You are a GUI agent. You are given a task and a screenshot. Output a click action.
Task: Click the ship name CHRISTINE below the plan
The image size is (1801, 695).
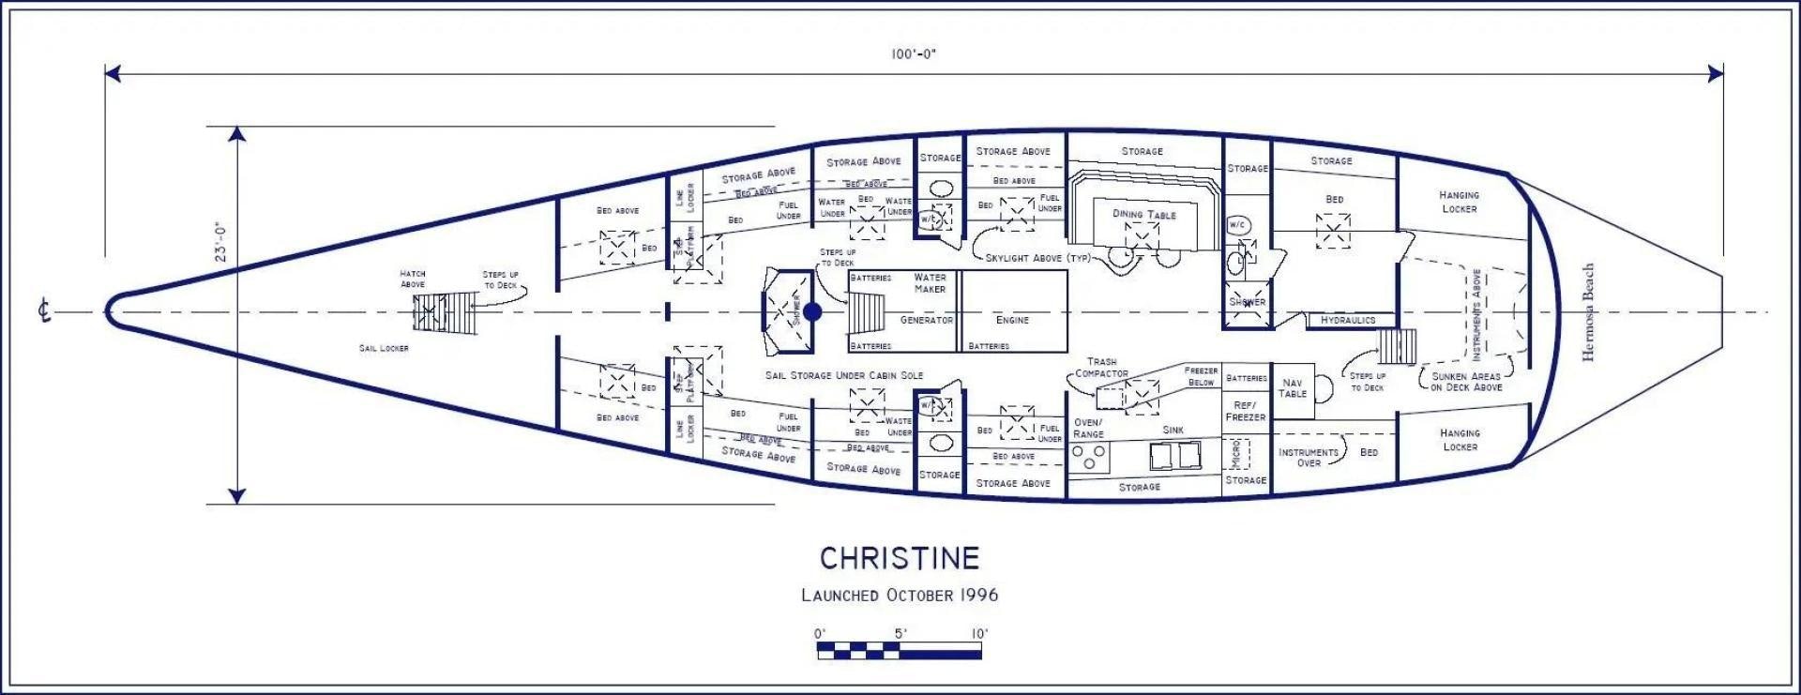click(x=900, y=559)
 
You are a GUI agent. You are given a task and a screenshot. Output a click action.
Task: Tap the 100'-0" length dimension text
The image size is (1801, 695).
click(x=913, y=54)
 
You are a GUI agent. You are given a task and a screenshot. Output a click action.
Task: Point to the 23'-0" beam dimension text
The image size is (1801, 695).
click(x=222, y=242)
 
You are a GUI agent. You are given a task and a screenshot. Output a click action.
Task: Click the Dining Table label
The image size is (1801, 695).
click(x=1143, y=214)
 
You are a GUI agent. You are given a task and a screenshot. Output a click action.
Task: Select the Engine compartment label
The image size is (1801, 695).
click(x=1012, y=320)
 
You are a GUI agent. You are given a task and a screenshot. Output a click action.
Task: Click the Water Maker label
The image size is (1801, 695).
click(x=930, y=283)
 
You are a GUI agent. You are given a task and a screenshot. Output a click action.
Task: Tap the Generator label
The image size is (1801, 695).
click(x=926, y=320)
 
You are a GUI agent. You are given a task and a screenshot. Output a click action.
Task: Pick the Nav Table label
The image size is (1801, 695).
click(x=1292, y=388)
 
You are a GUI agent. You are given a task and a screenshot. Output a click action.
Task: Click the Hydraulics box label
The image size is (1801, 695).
click(x=1347, y=321)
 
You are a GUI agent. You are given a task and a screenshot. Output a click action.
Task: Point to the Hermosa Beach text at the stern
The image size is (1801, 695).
click(x=1588, y=312)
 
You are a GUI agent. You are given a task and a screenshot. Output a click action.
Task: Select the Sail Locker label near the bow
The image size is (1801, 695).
click(x=384, y=348)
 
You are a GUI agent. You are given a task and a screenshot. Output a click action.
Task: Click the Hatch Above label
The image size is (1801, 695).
click(x=413, y=279)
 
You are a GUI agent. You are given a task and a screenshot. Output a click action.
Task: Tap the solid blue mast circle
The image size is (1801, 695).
click(x=812, y=311)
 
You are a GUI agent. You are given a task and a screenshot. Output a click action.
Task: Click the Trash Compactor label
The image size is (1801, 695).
click(x=1101, y=367)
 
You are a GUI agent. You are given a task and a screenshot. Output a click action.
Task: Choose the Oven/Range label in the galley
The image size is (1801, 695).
click(x=1088, y=429)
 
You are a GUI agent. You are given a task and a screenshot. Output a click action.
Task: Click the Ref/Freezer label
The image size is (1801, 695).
click(x=1245, y=411)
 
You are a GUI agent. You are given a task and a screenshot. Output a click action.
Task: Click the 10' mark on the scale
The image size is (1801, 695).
click(x=979, y=634)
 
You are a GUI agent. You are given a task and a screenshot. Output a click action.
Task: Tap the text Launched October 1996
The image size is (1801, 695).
click(x=900, y=596)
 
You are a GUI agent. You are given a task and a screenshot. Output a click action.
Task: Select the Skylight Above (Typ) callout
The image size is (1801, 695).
click(x=1037, y=258)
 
